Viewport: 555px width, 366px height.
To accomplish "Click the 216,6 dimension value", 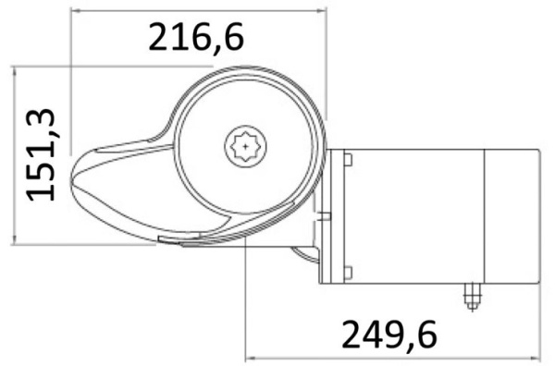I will pos(195,38).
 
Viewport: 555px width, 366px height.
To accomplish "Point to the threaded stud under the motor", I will pos(472,297).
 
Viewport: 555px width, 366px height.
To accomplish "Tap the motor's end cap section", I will pos(513,215).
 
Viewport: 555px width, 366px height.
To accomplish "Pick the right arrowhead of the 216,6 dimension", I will pos(324,11).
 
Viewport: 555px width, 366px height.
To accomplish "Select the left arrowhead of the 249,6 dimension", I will pos(247,355).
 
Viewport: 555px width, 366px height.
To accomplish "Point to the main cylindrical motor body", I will pos(416,215).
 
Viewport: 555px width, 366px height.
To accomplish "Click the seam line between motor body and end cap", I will pos(487,215).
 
